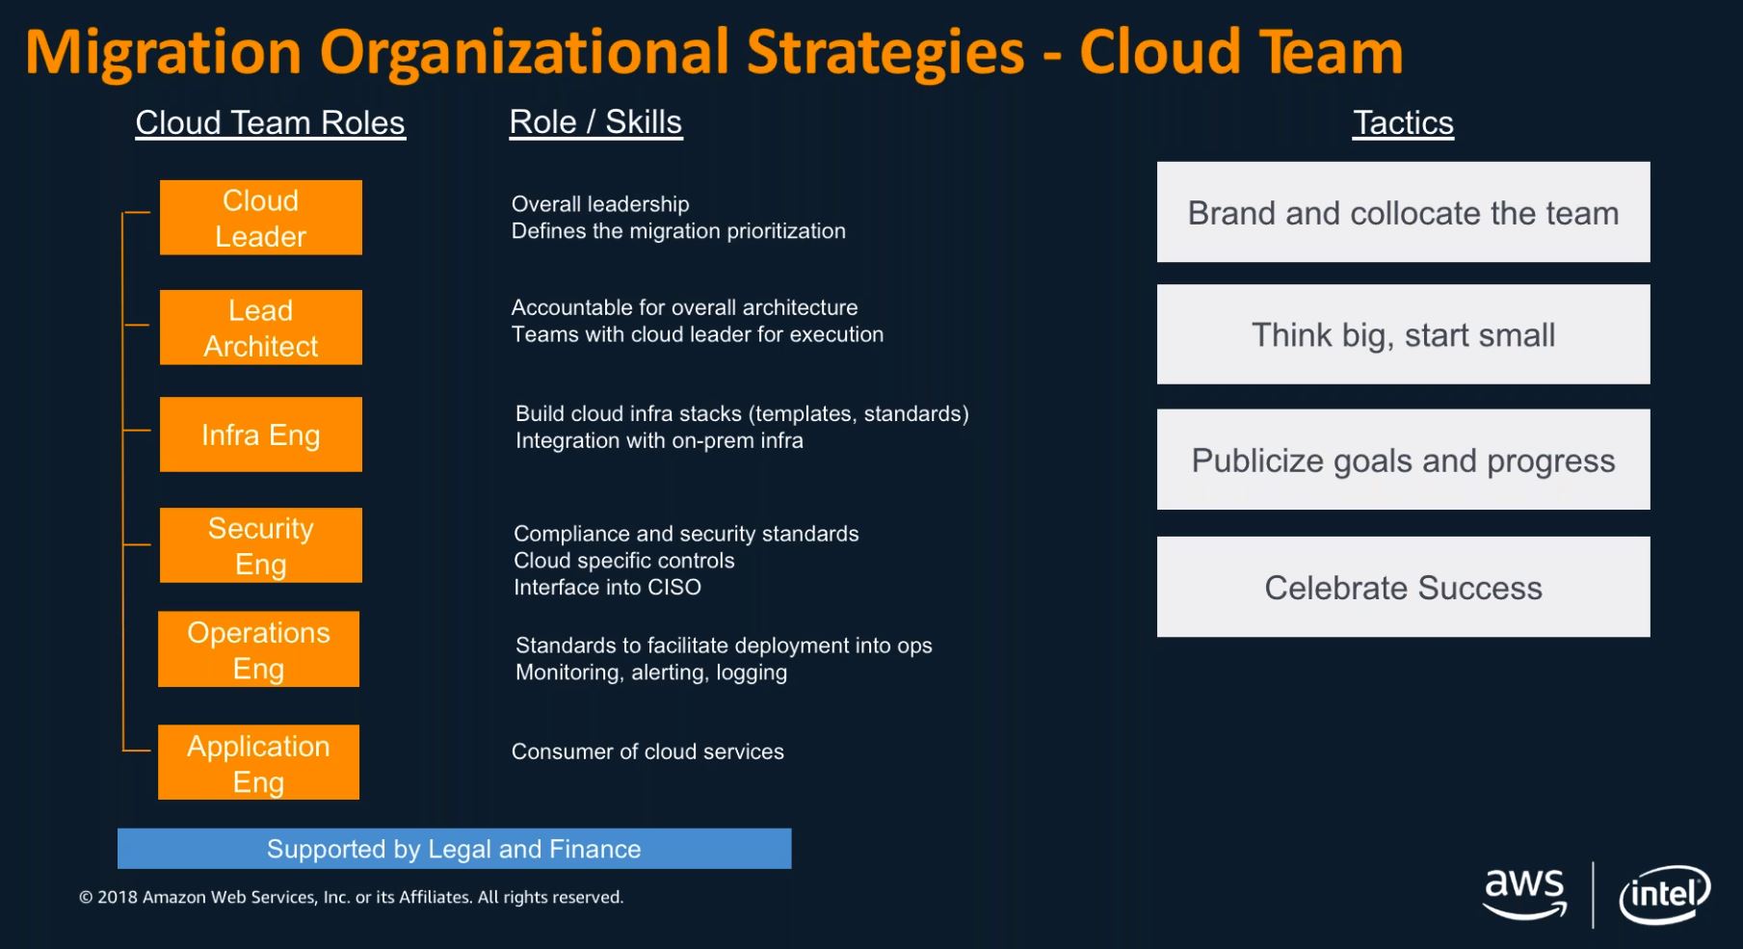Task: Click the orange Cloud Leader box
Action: [x=261, y=218]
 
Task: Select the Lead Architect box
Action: [x=261, y=328]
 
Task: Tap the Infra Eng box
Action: [x=261, y=435]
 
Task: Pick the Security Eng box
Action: [x=261, y=545]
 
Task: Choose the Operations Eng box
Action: [x=259, y=649]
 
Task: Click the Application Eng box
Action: [x=259, y=762]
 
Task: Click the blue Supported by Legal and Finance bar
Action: [x=455, y=849]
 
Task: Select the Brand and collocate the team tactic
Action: [x=1404, y=212]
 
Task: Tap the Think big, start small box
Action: [x=1404, y=334]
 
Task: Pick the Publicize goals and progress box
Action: [x=1404, y=460]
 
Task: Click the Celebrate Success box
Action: [x=1404, y=587]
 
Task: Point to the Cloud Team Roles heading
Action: [x=271, y=123]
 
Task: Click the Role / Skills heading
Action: [x=596, y=122]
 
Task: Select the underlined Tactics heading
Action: [x=1404, y=123]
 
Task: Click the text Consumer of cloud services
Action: [x=647, y=751]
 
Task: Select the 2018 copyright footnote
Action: [x=352, y=897]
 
